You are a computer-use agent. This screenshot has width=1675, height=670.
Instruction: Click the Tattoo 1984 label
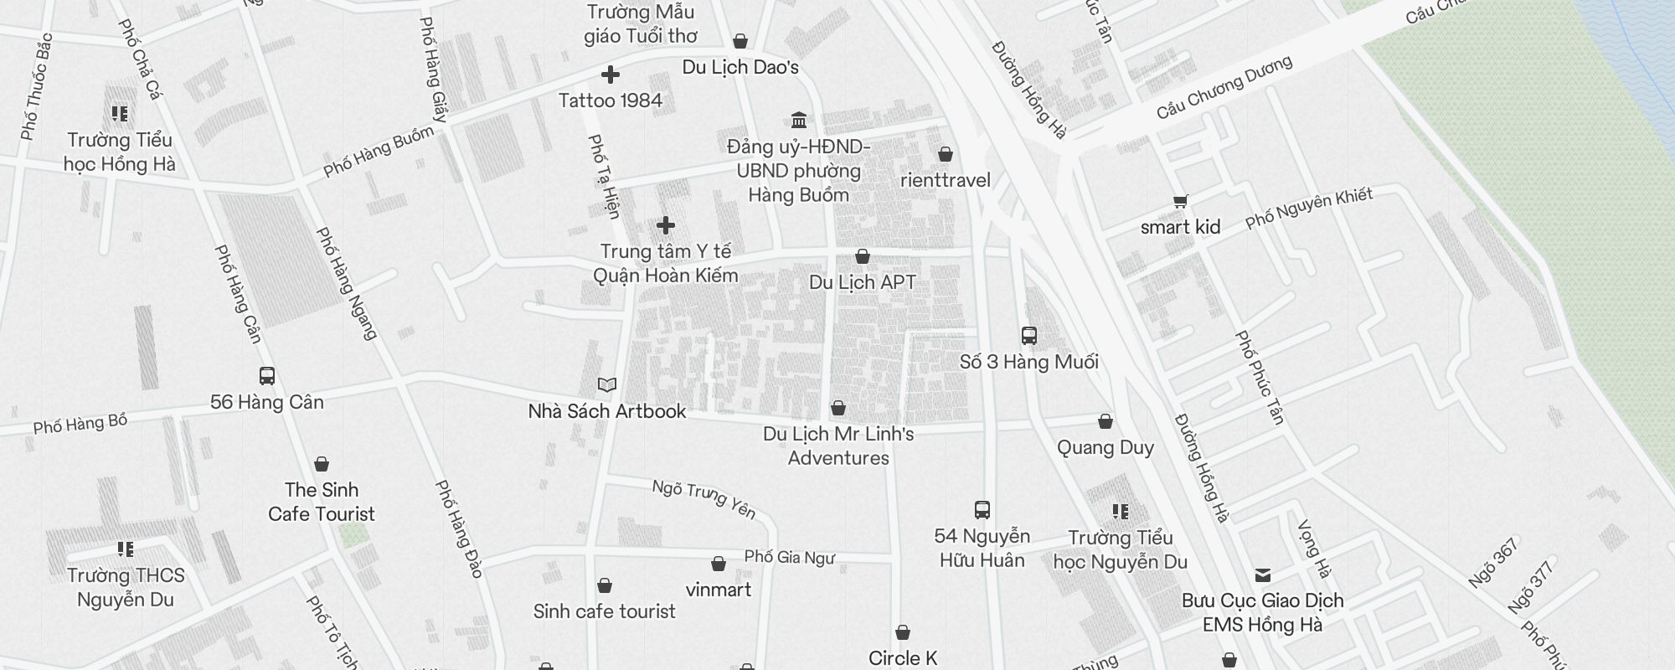click(610, 100)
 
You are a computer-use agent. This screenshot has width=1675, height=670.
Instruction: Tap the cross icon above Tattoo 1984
click(611, 75)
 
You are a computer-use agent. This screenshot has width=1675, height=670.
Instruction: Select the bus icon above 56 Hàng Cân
click(267, 376)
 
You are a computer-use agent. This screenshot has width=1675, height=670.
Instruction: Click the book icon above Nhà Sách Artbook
click(607, 385)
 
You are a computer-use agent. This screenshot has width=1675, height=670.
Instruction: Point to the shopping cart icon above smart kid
click(1180, 201)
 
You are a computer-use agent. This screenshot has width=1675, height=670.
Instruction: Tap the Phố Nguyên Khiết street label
click(1308, 208)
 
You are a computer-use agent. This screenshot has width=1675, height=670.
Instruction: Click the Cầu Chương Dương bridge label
click(1224, 87)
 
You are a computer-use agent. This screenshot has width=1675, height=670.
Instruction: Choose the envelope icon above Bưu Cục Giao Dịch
click(1263, 575)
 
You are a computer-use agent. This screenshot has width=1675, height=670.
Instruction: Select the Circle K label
click(903, 658)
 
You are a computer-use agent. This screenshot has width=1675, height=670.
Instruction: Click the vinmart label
click(719, 590)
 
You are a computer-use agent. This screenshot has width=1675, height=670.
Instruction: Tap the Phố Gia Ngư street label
click(789, 557)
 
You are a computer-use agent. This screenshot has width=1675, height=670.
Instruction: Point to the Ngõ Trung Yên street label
click(704, 498)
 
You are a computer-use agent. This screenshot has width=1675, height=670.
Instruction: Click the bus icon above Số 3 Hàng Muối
click(1029, 336)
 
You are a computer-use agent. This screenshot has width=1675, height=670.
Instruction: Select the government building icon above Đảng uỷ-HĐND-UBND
click(799, 120)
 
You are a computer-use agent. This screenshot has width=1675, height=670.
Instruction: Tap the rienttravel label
click(946, 180)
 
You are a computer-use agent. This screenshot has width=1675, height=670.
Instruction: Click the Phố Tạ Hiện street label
click(604, 177)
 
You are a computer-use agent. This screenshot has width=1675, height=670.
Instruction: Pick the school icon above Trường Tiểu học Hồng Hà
click(120, 113)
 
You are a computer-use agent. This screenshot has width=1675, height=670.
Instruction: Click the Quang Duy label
click(1105, 447)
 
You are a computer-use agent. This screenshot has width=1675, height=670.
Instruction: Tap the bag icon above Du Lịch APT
click(863, 256)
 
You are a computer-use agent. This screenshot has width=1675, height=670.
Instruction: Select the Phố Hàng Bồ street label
click(80, 424)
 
